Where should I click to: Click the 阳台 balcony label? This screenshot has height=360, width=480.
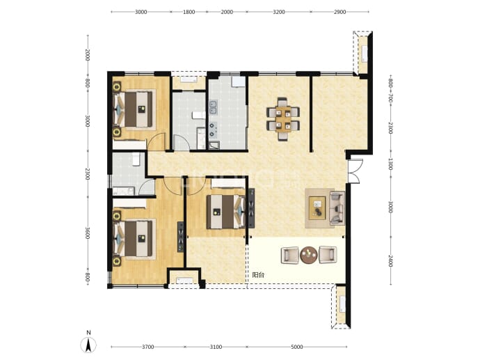tap(258, 275)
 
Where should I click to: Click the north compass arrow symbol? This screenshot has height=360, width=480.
tap(88, 345)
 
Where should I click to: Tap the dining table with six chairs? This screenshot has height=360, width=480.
tap(283, 118)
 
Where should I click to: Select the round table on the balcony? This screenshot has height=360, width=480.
tap(309, 255)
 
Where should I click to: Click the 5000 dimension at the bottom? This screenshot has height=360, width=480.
tap(296, 347)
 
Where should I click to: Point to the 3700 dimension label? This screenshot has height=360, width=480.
tap(148, 347)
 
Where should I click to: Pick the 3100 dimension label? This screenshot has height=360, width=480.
tap(216, 347)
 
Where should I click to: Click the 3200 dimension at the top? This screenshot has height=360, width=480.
tap(278, 12)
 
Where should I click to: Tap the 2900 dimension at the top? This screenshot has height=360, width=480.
tap(339, 12)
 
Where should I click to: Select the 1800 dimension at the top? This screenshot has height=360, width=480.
tap(189, 12)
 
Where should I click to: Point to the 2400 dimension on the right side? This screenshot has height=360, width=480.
tap(391, 260)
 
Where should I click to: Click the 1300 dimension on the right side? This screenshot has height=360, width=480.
tap(391, 164)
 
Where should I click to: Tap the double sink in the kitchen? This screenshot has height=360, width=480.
tap(213, 106)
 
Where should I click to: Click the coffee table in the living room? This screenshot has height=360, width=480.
tap(317, 208)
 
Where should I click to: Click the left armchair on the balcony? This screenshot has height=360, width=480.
tap(290, 256)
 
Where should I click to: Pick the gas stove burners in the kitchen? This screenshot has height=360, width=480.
tap(213, 130)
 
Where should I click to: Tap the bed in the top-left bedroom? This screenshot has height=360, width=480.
tap(134, 109)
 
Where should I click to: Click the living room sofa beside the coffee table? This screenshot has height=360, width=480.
tap(337, 208)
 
